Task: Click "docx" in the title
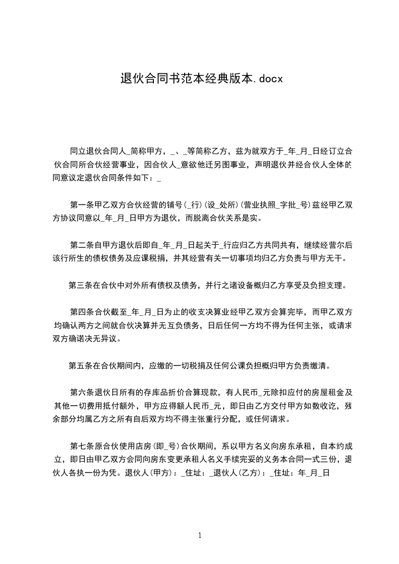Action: (272, 78)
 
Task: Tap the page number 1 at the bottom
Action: (200, 535)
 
